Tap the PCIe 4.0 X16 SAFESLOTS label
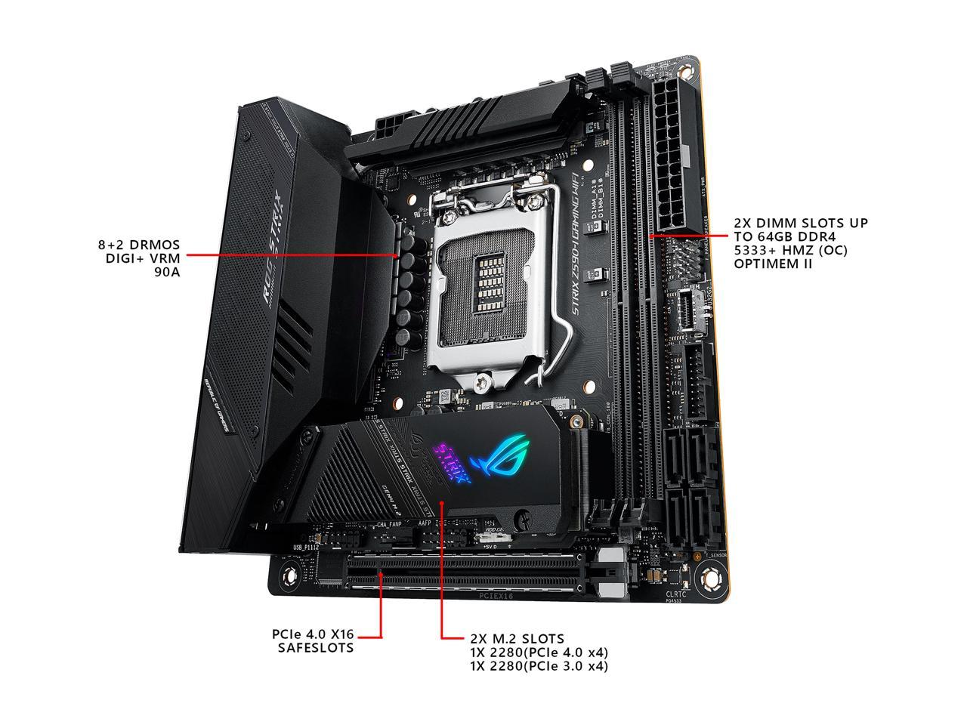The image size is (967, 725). [312, 641]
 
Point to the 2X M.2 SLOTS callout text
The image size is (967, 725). [539, 652]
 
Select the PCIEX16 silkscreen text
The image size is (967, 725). [496, 596]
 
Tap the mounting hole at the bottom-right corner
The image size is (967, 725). [710, 578]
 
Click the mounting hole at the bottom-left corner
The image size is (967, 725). [287, 578]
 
